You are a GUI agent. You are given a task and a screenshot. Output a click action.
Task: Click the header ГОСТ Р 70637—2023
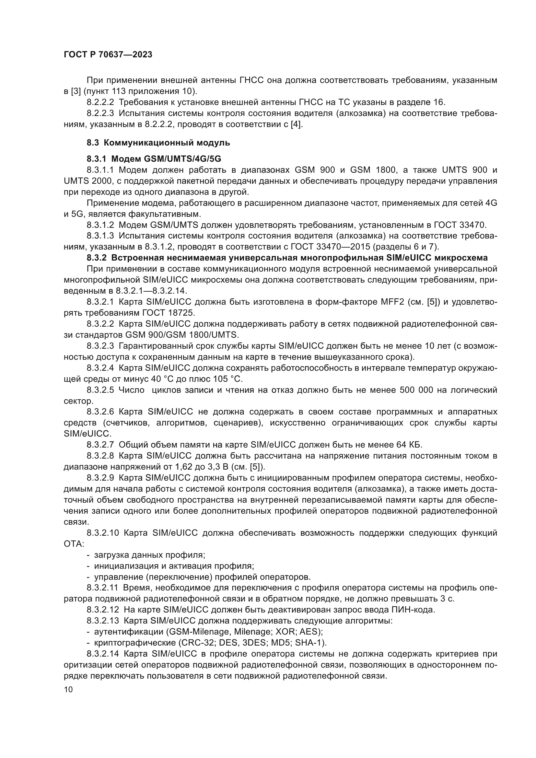point(108,55)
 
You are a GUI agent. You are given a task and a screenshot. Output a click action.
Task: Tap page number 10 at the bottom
point(68,689)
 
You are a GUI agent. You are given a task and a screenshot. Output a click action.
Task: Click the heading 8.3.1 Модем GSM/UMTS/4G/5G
point(154,159)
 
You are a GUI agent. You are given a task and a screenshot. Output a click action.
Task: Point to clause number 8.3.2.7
point(100,445)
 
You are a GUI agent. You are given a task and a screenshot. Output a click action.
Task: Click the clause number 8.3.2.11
point(102,588)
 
